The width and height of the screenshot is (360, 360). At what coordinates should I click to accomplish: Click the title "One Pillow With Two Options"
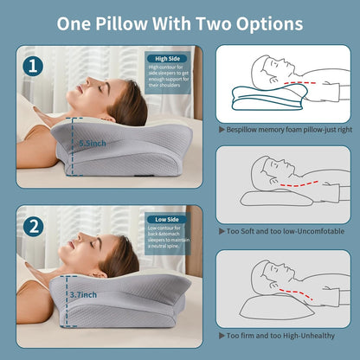tap(180, 23)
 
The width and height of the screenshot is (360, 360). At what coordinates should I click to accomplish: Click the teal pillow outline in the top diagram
tap(260, 99)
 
